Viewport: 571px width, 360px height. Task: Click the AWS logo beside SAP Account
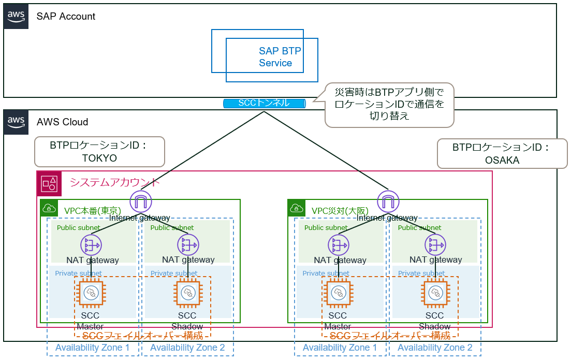(16, 16)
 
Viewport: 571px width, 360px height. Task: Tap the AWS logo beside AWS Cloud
(16, 122)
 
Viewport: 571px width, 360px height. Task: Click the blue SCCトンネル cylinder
(265, 103)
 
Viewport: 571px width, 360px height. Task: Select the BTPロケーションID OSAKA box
(502, 153)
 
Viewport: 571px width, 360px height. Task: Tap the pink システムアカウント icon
(50, 183)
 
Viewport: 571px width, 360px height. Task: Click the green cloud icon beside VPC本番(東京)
(50, 208)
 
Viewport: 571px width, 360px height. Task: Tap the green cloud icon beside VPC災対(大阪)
(297, 208)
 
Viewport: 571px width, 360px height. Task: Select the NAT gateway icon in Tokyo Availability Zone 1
(91, 244)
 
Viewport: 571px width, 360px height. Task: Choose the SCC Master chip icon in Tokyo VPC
(91, 293)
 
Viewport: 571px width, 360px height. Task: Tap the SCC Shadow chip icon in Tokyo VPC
(187, 293)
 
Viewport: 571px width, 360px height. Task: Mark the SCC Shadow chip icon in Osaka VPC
(435, 293)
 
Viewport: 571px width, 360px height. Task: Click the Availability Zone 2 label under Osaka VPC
(435, 348)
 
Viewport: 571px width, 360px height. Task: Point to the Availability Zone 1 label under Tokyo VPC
(93, 348)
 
